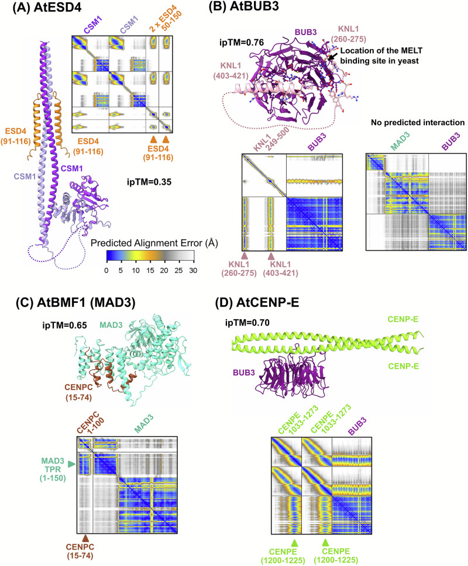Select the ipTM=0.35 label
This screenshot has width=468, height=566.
click(x=149, y=182)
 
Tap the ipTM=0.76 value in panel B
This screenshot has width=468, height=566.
click(x=242, y=43)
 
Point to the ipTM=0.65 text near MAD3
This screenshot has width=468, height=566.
click(x=64, y=325)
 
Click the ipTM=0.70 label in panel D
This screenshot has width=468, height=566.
click(x=247, y=322)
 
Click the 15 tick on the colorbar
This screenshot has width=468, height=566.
click(x=150, y=270)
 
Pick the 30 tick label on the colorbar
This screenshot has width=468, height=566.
click(x=193, y=270)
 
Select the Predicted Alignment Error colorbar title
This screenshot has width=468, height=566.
click(x=154, y=243)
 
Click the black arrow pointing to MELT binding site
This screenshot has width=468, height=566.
click(x=333, y=55)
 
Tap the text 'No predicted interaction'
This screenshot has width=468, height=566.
click(x=418, y=122)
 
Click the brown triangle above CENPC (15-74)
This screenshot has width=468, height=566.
click(x=85, y=538)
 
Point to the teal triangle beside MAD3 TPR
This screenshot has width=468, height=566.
click(x=72, y=464)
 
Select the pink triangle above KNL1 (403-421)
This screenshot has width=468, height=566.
click(x=271, y=256)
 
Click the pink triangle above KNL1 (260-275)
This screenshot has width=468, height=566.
click(x=245, y=256)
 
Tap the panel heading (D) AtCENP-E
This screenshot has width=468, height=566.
click(x=257, y=302)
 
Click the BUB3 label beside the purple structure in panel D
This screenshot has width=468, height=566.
click(x=244, y=372)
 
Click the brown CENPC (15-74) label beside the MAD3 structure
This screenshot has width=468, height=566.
click(x=79, y=392)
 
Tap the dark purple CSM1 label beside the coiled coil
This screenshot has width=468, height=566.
click(x=71, y=168)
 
